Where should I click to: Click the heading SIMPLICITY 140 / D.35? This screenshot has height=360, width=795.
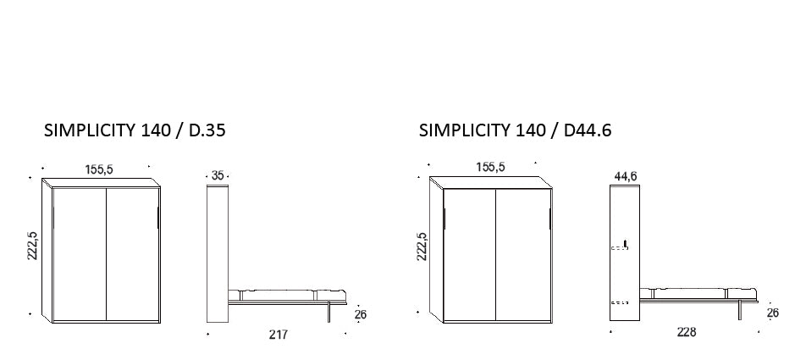coord(135,130)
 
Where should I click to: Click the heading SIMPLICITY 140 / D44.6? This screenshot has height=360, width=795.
coord(515,130)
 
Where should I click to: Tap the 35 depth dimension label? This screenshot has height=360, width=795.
coord(218,175)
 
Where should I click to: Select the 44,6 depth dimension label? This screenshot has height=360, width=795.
coord(626,176)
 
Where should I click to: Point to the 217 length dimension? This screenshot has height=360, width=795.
coord(279,335)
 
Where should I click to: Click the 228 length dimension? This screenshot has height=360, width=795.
coord(687,332)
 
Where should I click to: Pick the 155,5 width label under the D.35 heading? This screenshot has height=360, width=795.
coord(99,169)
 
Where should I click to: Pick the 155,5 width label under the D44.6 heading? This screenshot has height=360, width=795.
coord(490,167)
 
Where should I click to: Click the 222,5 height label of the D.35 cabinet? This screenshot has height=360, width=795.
coord(32,246)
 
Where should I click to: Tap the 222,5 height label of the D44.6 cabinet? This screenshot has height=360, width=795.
coord(422,246)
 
